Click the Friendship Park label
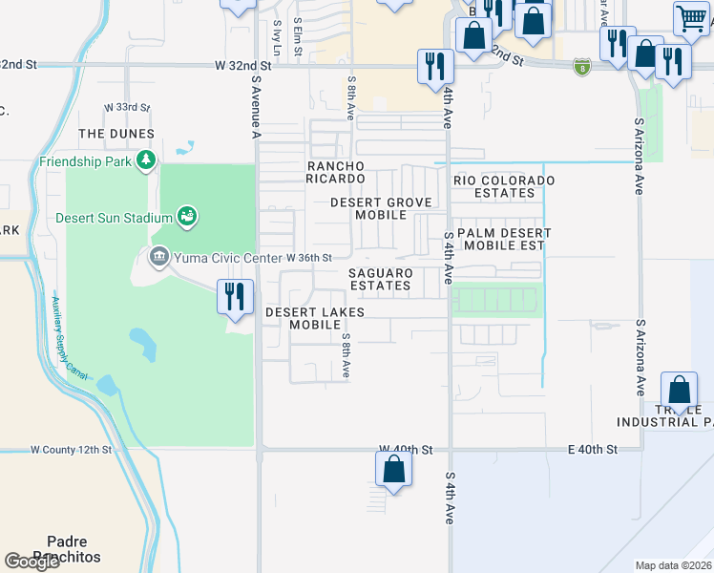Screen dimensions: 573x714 (85, 161)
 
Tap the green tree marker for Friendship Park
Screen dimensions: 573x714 (146, 159)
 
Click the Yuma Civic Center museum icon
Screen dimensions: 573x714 (158, 256)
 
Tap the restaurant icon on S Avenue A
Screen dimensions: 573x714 (235, 296)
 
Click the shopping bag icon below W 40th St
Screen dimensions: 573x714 (393, 470)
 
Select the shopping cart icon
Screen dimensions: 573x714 (690, 18)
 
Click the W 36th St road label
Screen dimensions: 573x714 (308, 258)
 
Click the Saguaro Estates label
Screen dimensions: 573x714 (380, 279)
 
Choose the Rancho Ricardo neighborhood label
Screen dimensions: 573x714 (335, 172)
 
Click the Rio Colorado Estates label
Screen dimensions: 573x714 (504, 186)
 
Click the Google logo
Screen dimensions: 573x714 (31, 562)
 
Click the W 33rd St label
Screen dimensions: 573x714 (127, 106)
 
